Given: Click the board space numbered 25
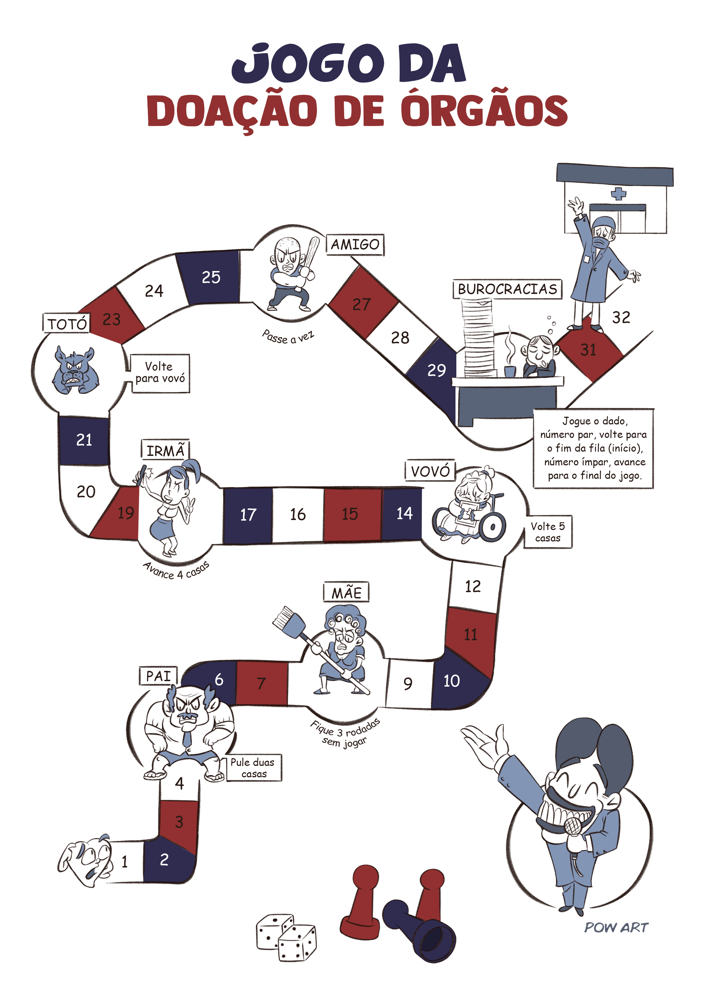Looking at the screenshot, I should tap(211, 277).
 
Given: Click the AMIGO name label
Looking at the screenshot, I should tap(355, 244).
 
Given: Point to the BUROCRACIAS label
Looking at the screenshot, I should tap(507, 289).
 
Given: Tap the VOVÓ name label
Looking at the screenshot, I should tap(430, 471).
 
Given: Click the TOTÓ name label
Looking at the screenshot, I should tap(67, 324).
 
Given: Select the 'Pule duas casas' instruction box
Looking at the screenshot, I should tap(254, 768).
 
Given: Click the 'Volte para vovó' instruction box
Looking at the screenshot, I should tap(160, 373).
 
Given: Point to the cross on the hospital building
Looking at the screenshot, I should tap(618, 193).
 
